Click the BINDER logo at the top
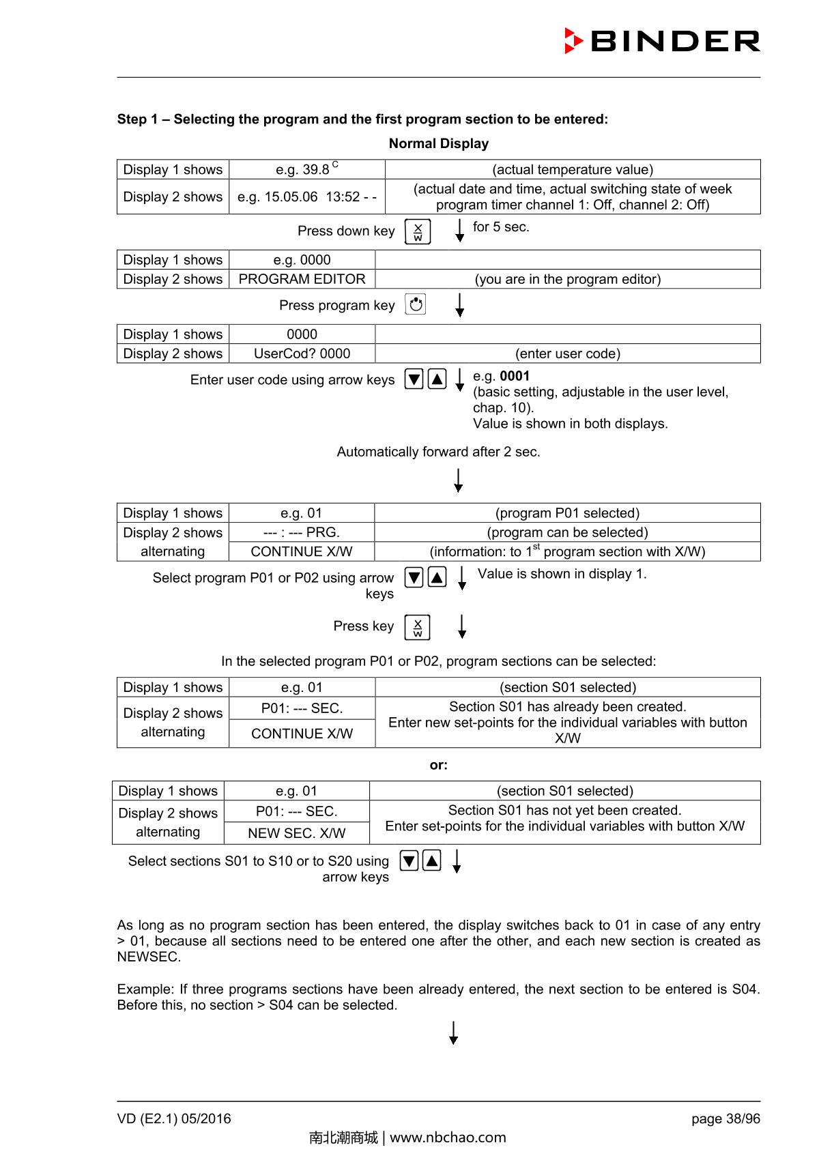coord(662,41)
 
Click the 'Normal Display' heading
coord(438,143)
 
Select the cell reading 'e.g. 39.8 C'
coord(306,169)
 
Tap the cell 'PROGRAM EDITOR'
coord(302,279)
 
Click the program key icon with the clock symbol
coord(416,304)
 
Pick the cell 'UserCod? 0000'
coord(302,353)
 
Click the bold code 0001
coord(515,376)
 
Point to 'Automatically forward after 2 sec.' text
coord(438,452)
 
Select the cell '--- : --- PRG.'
coord(302,532)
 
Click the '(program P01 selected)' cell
coord(567,513)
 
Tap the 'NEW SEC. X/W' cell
coord(296,833)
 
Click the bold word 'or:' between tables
coord(438,765)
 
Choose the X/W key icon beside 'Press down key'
coord(418,231)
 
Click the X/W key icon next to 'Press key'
coord(418,626)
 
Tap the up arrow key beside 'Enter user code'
coord(437,379)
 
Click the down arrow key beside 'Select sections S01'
coord(409,860)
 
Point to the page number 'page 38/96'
coord(725,1118)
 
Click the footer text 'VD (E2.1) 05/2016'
coord(174,1118)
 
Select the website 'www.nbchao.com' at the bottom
coord(448,1138)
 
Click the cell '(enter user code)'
coord(567,353)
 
